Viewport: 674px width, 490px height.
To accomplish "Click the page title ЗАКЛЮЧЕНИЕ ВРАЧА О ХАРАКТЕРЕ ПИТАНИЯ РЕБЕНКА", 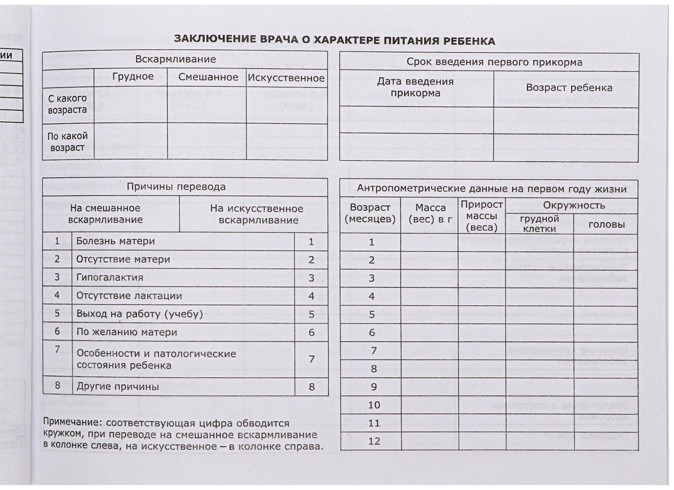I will pyautogui.click(x=334, y=40).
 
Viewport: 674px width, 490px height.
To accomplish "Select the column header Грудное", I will pyautogui.click(x=133, y=77).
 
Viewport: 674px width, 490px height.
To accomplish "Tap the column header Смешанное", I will pyautogui.click(x=208, y=77).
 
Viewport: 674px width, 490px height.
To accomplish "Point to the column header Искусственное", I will pyautogui.click(x=286, y=78).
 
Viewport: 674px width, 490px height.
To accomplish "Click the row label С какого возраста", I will pyautogui.click(x=67, y=104).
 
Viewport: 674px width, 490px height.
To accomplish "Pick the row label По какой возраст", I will pyautogui.click(x=67, y=142).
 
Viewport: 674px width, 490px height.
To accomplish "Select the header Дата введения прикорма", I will pyautogui.click(x=415, y=87).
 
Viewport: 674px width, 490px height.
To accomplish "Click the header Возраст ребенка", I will pyautogui.click(x=569, y=88).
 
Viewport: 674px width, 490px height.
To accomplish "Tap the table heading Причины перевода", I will pyautogui.click(x=176, y=187).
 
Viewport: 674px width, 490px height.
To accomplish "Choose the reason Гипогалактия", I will pyautogui.click(x=110, y=278).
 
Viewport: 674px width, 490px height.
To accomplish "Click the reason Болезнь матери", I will pyautogui.click(x=115, y=241).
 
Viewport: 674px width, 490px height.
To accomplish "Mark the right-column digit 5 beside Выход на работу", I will pyautogui.click(x=311, y=314).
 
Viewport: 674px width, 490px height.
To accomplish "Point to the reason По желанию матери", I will pyautogui.click(x=127, y=332).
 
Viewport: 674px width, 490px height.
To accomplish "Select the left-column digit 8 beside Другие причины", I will pyautogui.click(x=57, y=385).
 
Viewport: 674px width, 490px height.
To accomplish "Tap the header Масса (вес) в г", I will pyautogui.click(x=430, y=213).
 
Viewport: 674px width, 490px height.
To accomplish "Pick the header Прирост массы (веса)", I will pyautogui.click(x=481, y=216).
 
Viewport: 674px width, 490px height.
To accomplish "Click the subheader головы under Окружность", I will pyautogui.click(x=606, y=225).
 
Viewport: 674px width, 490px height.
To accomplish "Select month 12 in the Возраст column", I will pyautogui.click(x=374, y=441).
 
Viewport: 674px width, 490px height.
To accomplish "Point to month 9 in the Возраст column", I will pyautogui.click(x=374, y=387).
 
